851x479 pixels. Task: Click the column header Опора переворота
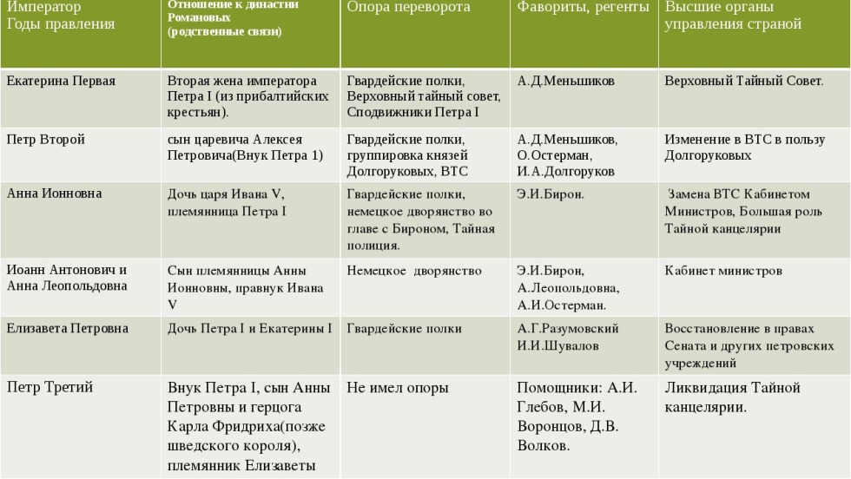tap(408, 8)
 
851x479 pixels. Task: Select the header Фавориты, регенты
tap(583, 8)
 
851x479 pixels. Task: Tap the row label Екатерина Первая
tap(61, 82)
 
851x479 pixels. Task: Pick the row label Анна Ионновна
tap(54, 194)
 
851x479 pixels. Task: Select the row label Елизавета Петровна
tap(68, 329)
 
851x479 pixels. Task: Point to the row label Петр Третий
tap(49, 388)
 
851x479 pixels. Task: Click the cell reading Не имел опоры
tap(398, 388)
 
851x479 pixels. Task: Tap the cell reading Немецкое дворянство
tap(414, 271)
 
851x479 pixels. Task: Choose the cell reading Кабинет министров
tap(723, 271)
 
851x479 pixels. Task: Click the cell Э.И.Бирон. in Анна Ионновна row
tap(551, 194)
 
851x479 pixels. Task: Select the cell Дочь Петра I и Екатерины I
tap(249, 329)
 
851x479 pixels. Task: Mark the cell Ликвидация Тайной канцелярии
tap(732, 397)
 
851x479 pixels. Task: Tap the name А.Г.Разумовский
tap(568, 329)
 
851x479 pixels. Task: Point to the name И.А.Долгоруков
tap(565, 172)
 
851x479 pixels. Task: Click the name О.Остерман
tap(554, 155)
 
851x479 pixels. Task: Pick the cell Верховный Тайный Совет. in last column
tap(744, 82)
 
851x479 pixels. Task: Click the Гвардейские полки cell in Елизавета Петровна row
tap(404, 329)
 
